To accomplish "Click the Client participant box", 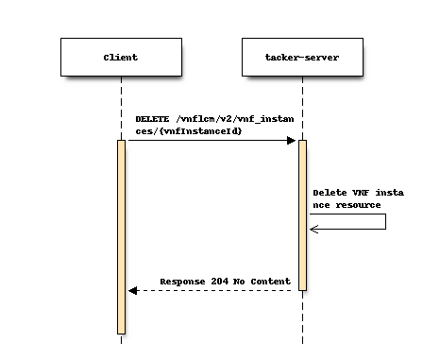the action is (120, 58).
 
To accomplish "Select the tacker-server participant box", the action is (302, 58).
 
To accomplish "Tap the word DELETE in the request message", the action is (152, 119).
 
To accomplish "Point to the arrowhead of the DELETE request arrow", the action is (292, 141).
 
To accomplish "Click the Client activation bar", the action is (121, 236).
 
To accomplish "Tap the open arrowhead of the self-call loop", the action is (314, 229).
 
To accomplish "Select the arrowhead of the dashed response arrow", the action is (133, 290).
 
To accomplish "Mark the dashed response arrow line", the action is (217, 290).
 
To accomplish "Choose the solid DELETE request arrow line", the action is (208, 141).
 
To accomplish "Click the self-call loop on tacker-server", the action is (384, 221).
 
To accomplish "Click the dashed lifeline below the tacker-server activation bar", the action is (302, 317).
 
